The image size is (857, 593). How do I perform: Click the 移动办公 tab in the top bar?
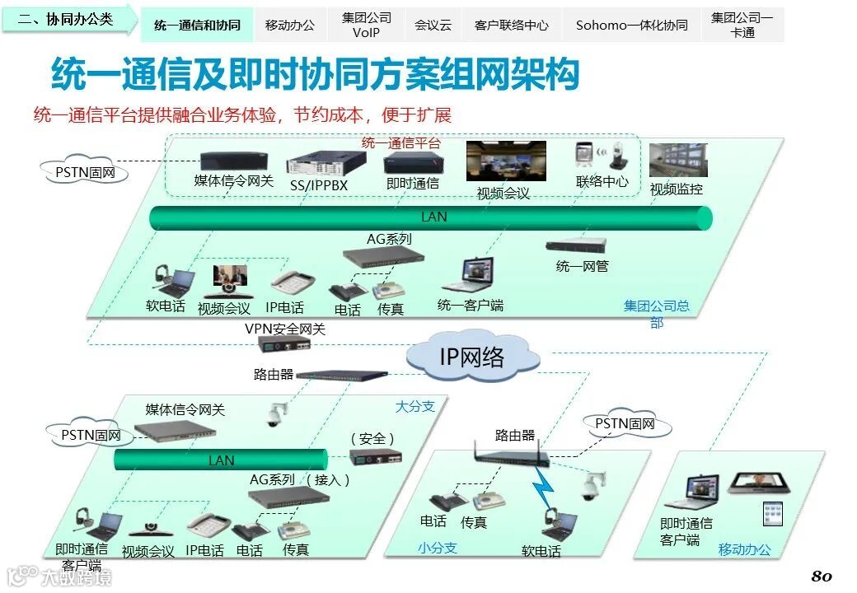pyautogui.click(x=290, y=26)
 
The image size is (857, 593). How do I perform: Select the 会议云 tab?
pyautogui.click(x=433, y=26)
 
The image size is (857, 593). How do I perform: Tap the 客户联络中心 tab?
pyautogui.click(x=511, y=26)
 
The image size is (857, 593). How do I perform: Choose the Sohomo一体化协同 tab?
pyautogui.click(x=631, y=26)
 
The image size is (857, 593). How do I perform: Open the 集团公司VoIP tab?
pyautogui.click(x=367, y=25)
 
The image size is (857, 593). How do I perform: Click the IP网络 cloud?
pyautogui.click(x=472, y=356)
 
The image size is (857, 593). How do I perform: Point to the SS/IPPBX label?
pyautogui.click(x=319, y=185)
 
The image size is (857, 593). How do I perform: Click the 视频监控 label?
pyautogui.click(x=677, y=189)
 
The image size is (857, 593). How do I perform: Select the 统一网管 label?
pyautogui.click(x=582, y=266)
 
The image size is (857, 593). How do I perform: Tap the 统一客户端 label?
pyautogui.click(x=470, y=306)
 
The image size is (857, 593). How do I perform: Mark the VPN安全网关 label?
pyautogui.click(x=285, y=329)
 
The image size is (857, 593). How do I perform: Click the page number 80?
pyautogui.click(x=822, y=576)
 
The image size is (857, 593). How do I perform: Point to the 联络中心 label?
pyautogui.click(x=602, y=181)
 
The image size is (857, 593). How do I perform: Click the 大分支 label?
pyautogui.click(x=414, y=406)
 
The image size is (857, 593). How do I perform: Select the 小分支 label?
pyautogui.click(x=437, y=548)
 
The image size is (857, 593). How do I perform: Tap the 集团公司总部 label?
pyautogui.click(x=657, y=314)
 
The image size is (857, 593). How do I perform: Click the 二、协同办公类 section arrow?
pyautogui.click(x=69, y=19)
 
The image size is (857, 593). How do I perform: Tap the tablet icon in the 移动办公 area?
pyautogui.click(x=773, y=514)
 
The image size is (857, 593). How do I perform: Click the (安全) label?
pyautogui.click(x=372, y=438)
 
